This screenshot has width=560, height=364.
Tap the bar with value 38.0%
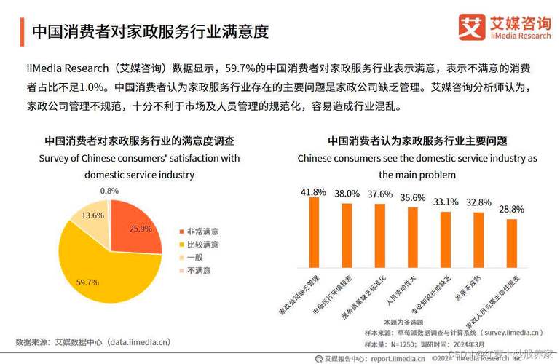347,236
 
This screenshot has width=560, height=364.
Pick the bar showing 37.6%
379,236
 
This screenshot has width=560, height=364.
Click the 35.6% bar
413,238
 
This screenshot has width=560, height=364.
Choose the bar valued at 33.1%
446,240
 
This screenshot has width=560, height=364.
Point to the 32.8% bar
478,240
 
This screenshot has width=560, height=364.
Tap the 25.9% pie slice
135,226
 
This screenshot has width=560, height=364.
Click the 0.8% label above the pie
109,191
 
